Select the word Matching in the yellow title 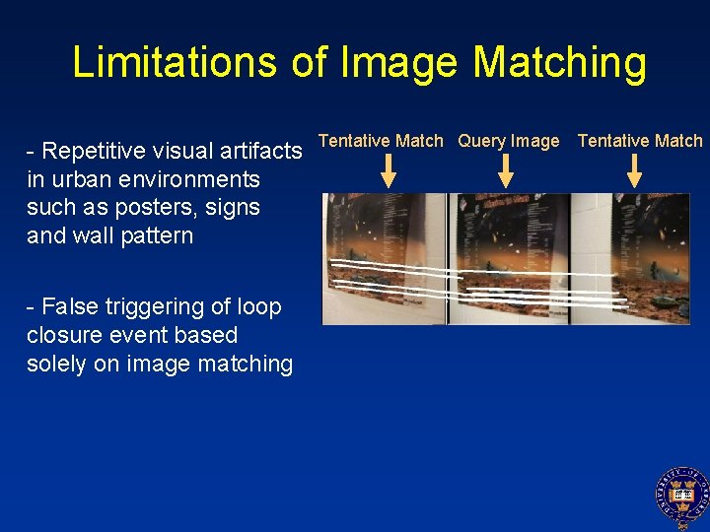point(559,64)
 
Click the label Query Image point(508,141)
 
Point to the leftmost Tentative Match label point(381,141)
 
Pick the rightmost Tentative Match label point(640,141)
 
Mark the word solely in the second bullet point(57,365)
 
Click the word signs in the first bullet point(235,208)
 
